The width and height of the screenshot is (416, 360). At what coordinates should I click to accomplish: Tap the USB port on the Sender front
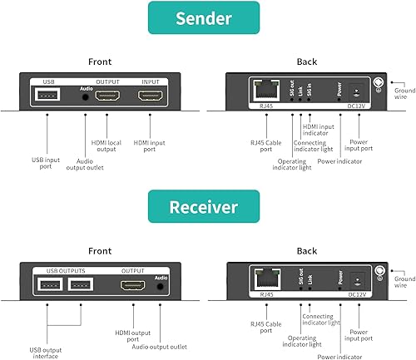pos(47,96)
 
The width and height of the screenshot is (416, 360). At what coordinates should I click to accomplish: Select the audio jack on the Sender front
pos(87,97)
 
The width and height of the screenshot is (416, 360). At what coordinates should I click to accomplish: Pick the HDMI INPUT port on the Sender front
pos(151,96)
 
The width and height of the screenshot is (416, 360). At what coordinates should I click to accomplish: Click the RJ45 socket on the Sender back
pos(264,92)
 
